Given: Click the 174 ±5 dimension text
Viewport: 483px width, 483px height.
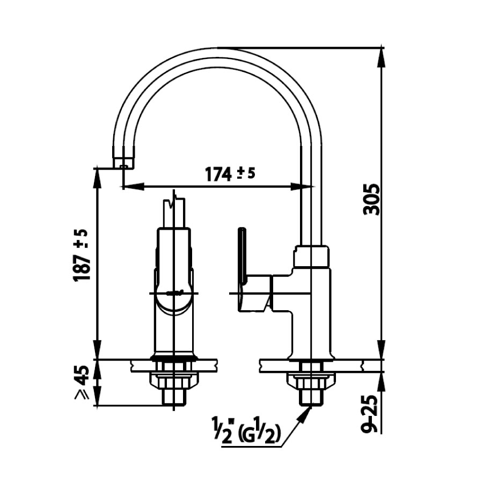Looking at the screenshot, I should tap(229, 174).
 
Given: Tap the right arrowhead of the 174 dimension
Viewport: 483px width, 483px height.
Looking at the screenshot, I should tap(306, 187).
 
